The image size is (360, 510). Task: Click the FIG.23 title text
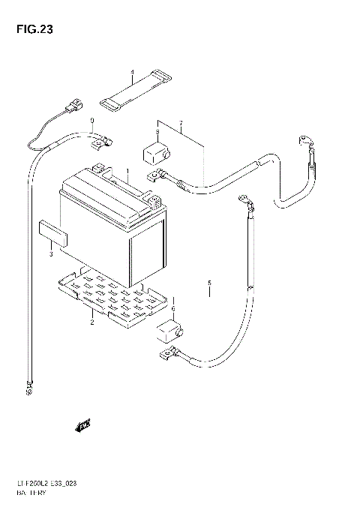pyautogui.click(x=31, y=30)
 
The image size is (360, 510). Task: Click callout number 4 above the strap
pyautogui.click(x=132, y=73)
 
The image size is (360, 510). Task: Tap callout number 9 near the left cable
pyautogui.click(x=92, y=121)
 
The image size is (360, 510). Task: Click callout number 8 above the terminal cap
pyautogui.click(x=157, y=133)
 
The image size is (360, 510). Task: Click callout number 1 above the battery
pyautogui.click(x=127, y=172)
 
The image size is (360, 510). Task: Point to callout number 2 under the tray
pyautogui.click(x=91, y=322)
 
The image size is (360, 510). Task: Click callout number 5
pyautogui.click(x=210, y=283)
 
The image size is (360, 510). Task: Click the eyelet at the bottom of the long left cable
pyautogui.click(x=29, y=388)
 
